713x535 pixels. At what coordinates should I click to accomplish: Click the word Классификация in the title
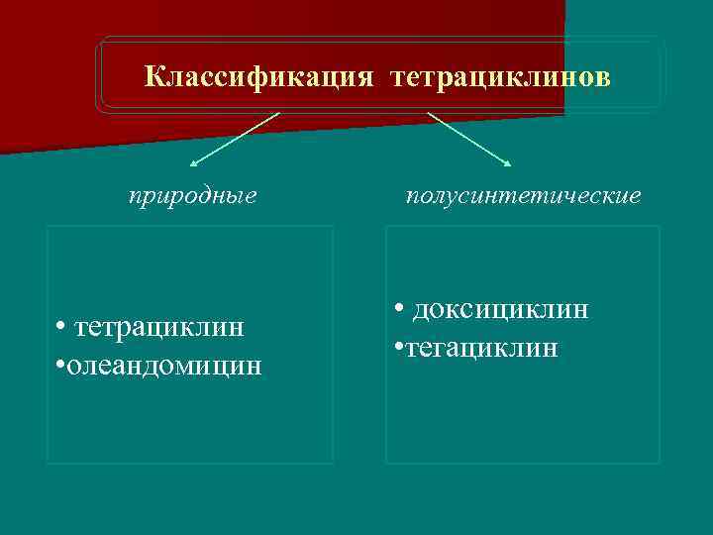(257, 77)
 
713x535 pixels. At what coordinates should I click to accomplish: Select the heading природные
(193, 196)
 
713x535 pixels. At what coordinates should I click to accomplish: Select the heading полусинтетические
(524, 196)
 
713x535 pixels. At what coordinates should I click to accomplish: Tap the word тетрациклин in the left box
(159, 327)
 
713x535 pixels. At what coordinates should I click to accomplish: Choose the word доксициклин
(501, 309)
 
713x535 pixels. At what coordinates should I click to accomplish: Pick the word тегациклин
(479, 348)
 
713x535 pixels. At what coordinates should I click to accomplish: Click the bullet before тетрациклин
(61, 328)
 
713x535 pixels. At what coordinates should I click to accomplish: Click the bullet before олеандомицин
(61, 366)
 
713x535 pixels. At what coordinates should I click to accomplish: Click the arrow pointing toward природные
(234, 139)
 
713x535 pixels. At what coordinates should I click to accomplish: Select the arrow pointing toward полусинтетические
(469, 139)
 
